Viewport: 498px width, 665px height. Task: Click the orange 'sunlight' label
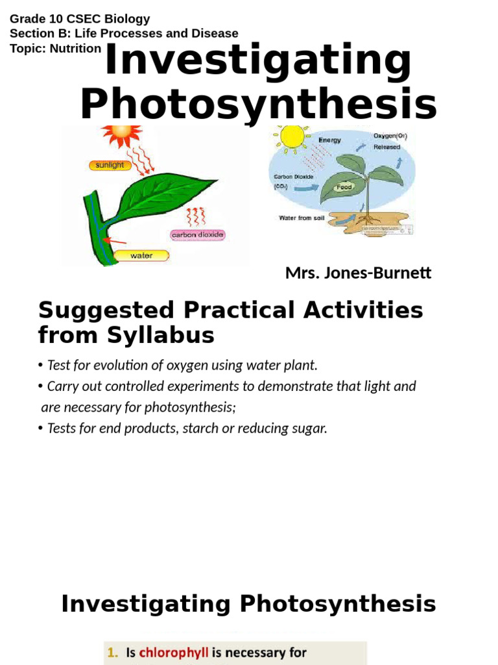pos(110,165)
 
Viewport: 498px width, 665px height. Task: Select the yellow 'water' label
pos(141,255)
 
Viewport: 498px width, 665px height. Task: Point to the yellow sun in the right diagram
pos(292,137)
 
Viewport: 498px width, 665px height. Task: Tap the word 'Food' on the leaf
pos(344,188)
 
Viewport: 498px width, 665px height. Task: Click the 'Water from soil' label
pos(302,218)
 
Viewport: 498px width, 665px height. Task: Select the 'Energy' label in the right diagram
pos(329,140)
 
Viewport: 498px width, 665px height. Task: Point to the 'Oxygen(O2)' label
pos(390,136)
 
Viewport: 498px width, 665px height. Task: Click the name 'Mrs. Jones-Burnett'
pos(358,273)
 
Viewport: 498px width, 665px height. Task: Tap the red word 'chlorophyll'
pos(173,652)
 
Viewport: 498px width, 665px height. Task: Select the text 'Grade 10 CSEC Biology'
pos(80,19)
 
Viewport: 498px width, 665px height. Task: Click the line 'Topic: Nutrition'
pos(56,49)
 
